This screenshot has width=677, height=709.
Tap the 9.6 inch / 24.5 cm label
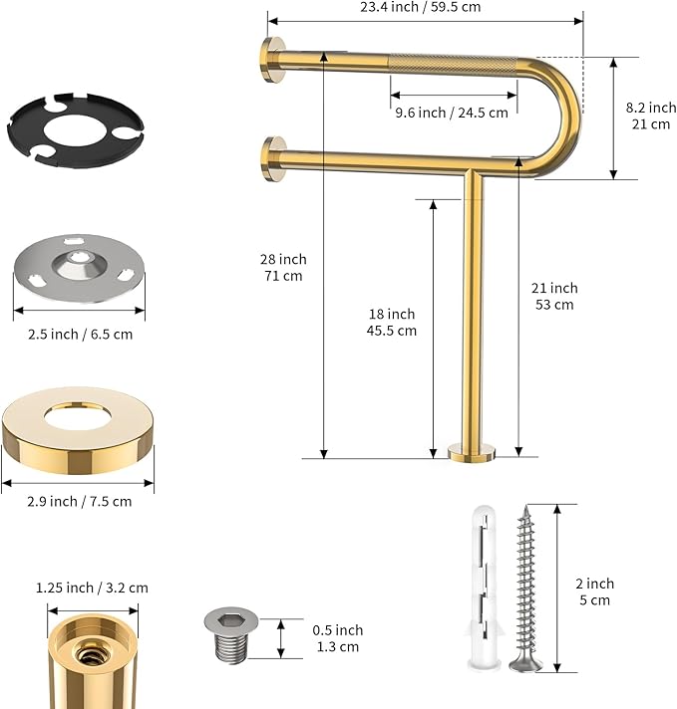coord(451,113)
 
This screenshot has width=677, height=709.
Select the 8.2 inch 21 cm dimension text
coord(650,116)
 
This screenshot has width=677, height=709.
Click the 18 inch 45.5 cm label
coord(391,322)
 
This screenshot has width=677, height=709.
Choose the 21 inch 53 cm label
coord(553,296)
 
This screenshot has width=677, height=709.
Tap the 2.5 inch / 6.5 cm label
coord(79,334)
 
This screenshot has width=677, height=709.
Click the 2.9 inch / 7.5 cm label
coord(78,501)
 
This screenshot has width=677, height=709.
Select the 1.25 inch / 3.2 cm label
coord(92,588)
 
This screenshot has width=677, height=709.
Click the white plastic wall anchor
coord(481,588)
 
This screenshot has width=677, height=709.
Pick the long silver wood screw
coord(524,588)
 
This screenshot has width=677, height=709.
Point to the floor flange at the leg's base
coord(472,454)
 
